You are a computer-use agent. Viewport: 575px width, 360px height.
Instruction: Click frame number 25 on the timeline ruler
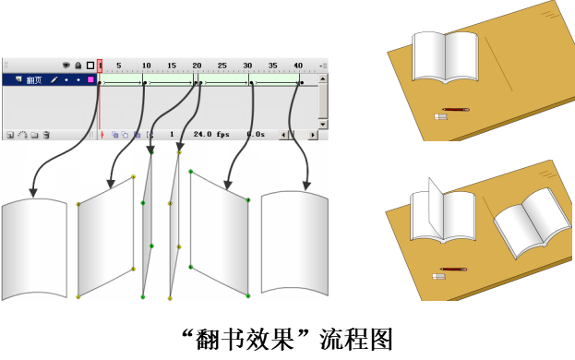coord(222,66)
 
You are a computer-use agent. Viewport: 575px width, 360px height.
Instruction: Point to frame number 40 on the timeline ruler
coord(298,66)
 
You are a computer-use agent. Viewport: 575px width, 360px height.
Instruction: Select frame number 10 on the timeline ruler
coord(147,66)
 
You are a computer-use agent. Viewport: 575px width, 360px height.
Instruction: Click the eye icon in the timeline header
coord(66,66)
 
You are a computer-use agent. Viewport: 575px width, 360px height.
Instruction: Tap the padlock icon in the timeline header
coord(78,66)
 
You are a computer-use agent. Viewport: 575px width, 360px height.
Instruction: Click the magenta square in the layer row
coord(90,79)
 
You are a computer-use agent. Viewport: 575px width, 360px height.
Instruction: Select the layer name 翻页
coord(34,80)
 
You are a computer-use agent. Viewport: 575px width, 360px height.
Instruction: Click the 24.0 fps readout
coord(211,134)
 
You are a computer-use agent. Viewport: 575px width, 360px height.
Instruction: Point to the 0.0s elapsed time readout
coord(256,134)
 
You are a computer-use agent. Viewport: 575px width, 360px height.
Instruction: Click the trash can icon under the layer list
coord(46,135)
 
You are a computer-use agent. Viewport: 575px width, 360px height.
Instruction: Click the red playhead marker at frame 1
coord(100,66)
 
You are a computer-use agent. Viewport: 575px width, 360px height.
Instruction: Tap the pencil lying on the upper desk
coord(455,109)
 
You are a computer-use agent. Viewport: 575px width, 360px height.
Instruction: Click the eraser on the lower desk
coord(439,276)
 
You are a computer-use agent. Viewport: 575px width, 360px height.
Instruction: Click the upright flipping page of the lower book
coord(436,208)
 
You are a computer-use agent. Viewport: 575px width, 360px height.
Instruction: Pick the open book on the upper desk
coord(445,57)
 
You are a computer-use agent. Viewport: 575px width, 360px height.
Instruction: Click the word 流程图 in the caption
coord(356,340)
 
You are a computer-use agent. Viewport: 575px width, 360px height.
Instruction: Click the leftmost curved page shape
coord(34,249)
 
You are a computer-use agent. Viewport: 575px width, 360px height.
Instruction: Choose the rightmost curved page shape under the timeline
coord(294,243)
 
